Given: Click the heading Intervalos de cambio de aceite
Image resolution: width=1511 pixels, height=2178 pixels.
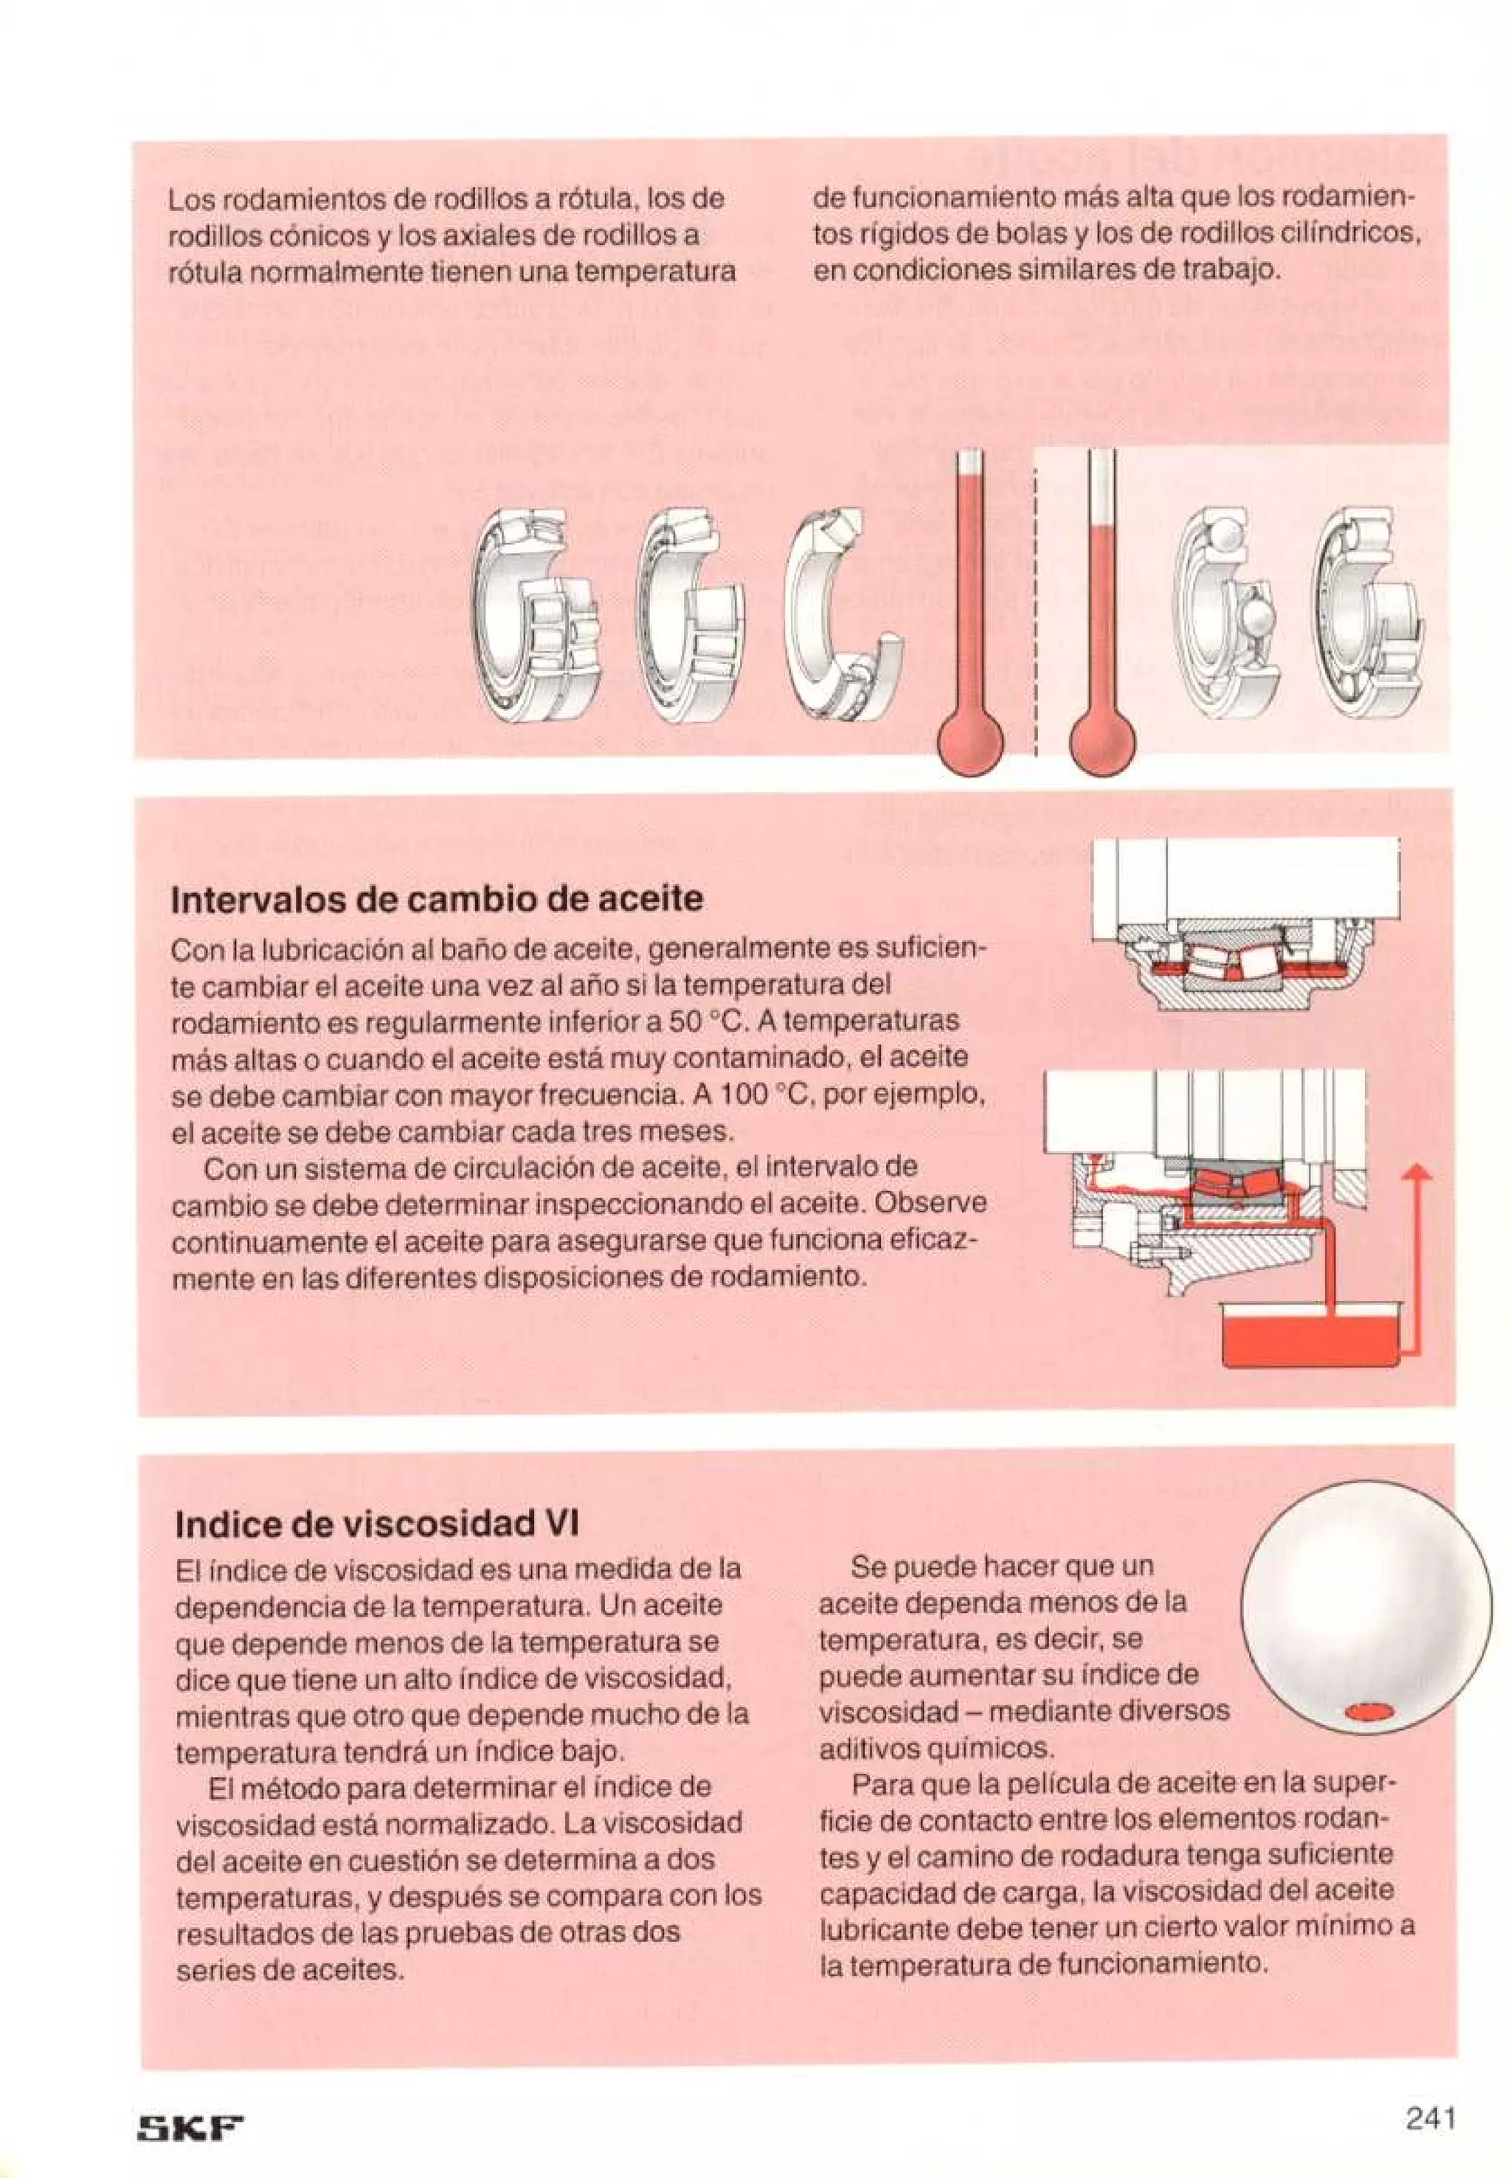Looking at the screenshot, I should pos(437,898).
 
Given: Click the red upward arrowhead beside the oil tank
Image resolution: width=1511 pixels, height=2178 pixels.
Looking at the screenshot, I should pos(1417,1173).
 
